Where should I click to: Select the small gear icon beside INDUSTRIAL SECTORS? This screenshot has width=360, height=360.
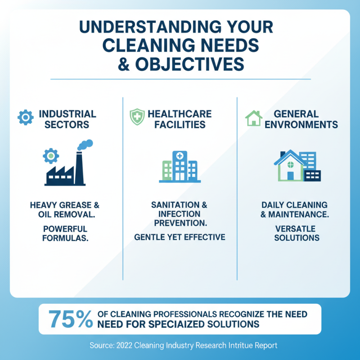(x=25, y=118)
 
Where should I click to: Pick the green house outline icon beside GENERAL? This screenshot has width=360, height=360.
(x=253, y=118)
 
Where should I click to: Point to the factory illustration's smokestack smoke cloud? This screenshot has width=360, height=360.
(x=85, y=145)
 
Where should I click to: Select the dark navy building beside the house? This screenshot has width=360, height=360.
(x=312, y=175)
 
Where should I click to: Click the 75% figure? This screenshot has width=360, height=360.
(x=69, y=319)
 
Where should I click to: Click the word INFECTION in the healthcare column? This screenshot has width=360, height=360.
(x=180, y=214)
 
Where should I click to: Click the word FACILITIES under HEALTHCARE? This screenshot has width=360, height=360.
(x=180, y=125)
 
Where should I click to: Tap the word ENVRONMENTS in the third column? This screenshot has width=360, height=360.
(x=301, y=125)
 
